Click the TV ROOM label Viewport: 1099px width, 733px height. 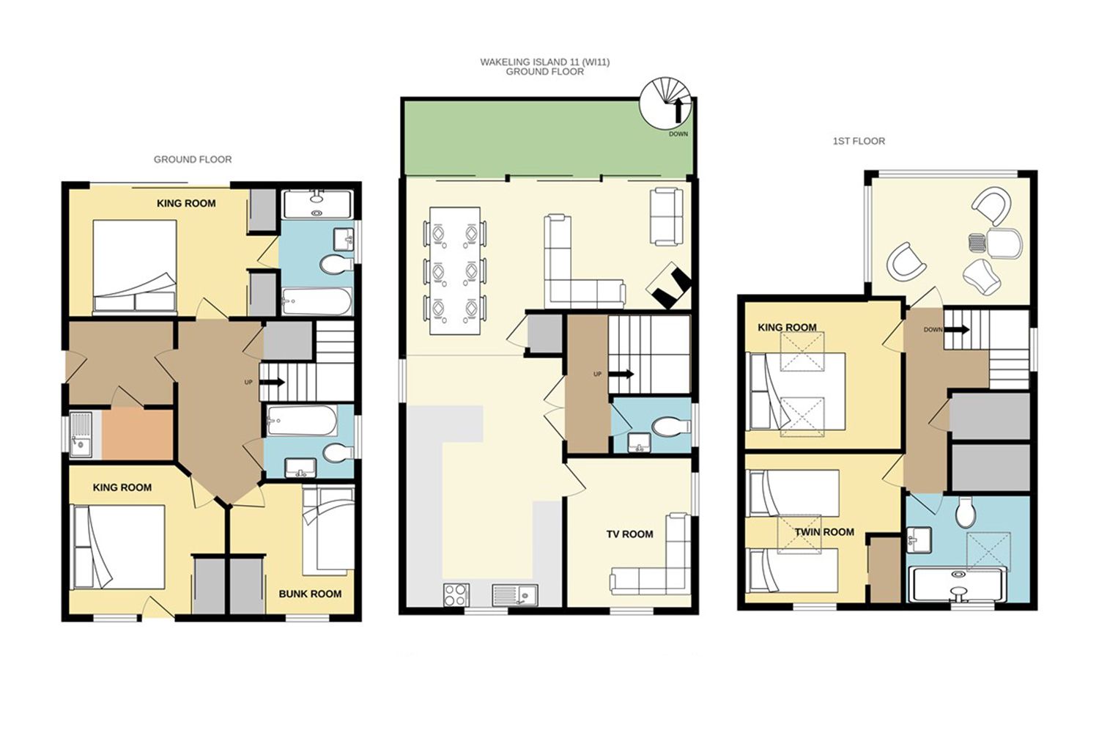pos(629,534)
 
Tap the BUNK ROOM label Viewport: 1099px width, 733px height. pos(310,594)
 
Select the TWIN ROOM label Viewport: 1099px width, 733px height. pos(824,532)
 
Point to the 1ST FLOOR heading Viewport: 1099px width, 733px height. pos(859,141)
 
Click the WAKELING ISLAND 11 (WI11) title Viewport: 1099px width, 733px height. pos(544,62)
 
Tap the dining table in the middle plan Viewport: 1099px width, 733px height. pos(455,271)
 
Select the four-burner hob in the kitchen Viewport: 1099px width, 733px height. pos(456,594)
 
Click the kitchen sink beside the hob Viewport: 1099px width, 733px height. pos(514,595)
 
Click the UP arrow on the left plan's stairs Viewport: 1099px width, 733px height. pos(272,382)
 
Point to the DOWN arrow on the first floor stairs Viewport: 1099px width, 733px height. pos(956,329)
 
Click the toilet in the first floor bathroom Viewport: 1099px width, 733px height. pos(966,512)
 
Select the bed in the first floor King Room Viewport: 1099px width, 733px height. pos(796,391)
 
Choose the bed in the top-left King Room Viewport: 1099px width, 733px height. pos(134,265)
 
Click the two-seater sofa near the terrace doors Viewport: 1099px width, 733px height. pos(666,216)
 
